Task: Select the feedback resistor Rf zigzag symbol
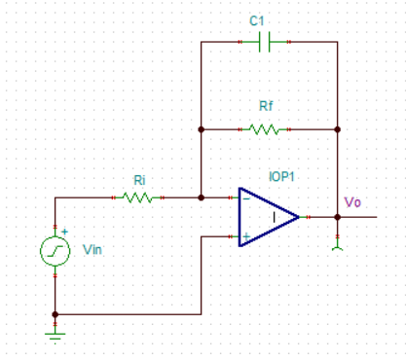[x=265, y=128]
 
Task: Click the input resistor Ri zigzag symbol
[x=138, y=198]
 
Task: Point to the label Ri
[x=140, y=179]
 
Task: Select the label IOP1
[x=281, y=177]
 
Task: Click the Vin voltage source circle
[x=55, y=252]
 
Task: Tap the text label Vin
[x=93, y=251]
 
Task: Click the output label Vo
[x=352, y=202]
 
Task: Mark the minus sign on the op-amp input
[x=245, y=198]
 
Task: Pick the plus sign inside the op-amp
[x=245, y=235]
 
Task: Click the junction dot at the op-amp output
[x=337, y=217]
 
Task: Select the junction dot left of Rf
[x=201, y=128]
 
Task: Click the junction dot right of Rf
[x=337, y=128]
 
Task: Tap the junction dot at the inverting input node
[x=201, y=198]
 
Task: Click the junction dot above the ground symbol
[x=55, y=314]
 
